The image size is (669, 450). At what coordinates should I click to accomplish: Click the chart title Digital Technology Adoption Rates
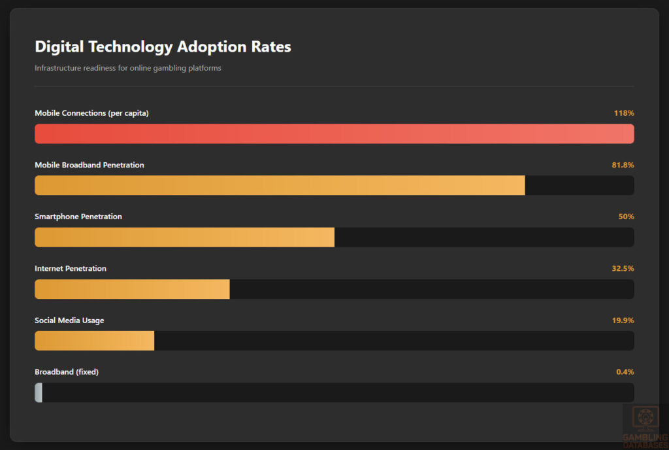(x=163, y=47)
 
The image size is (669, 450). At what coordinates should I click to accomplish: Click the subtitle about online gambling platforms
(x=127, y=68)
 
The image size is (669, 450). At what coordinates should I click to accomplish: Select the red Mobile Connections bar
(x=334, y=133)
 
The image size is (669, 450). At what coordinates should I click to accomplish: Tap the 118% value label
(x=623, y=113)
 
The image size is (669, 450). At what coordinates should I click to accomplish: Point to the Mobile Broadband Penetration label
(x=89, y=165)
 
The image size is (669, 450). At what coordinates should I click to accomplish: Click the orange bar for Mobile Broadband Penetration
(x=280, y=185)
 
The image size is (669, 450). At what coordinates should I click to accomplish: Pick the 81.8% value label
(x=622, y=165)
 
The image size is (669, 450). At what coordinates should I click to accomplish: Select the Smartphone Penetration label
(x=78, y=216)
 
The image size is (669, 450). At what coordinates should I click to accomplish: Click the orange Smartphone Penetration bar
(x=184, y=237)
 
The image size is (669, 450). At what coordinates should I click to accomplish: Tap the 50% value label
(x=626, y=216)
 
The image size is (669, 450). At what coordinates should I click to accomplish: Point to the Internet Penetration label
(x=70, y=268)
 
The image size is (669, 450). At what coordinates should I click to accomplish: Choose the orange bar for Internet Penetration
(x=132, y=289)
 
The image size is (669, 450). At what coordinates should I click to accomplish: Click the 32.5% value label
(x=622, y=268)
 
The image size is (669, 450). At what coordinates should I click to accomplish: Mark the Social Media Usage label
(x=69, y=320)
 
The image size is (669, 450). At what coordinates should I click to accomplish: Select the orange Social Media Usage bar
(x=94, y=341)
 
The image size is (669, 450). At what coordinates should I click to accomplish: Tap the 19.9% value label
(x=622, y=320)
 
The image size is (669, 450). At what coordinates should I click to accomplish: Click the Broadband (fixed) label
(x=66, y=372)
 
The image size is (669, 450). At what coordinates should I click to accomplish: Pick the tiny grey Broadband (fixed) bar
(x=39, y=392)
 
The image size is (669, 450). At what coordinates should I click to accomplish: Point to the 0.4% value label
(x=625, y=372)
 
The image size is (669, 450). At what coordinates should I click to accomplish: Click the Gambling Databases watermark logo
(x=644, y=426)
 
